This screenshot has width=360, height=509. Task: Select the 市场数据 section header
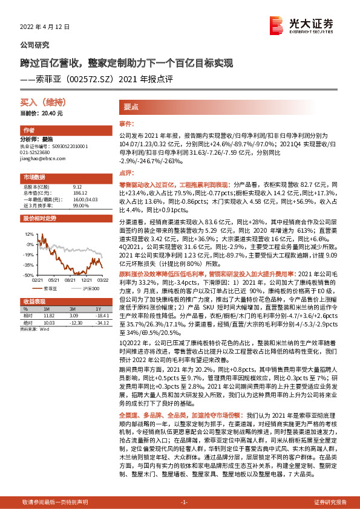coord(33,177)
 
